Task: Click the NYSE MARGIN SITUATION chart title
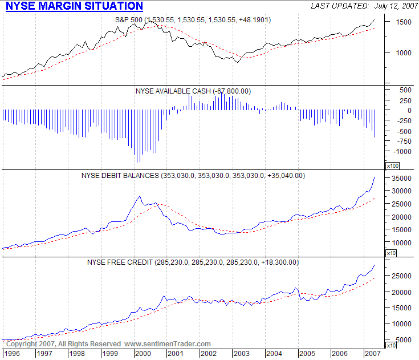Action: coord(74,6)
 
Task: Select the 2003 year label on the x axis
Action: coord(241,353)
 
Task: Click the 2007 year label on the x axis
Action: coord(373,353)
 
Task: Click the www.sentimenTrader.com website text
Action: coord(168,344)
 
